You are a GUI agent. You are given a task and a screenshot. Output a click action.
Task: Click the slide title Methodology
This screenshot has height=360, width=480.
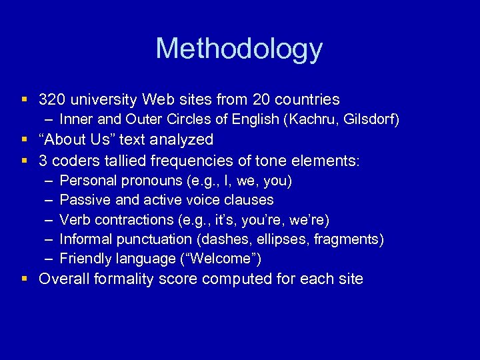(239, 49)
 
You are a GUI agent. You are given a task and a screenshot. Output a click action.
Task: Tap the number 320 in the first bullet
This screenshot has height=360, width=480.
(51, 100)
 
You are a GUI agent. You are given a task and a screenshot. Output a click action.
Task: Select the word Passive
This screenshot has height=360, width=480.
(81, 200)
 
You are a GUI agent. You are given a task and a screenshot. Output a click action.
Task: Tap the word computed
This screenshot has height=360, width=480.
(231, 279)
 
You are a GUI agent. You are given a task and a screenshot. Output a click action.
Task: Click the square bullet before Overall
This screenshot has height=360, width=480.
(24, 279)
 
